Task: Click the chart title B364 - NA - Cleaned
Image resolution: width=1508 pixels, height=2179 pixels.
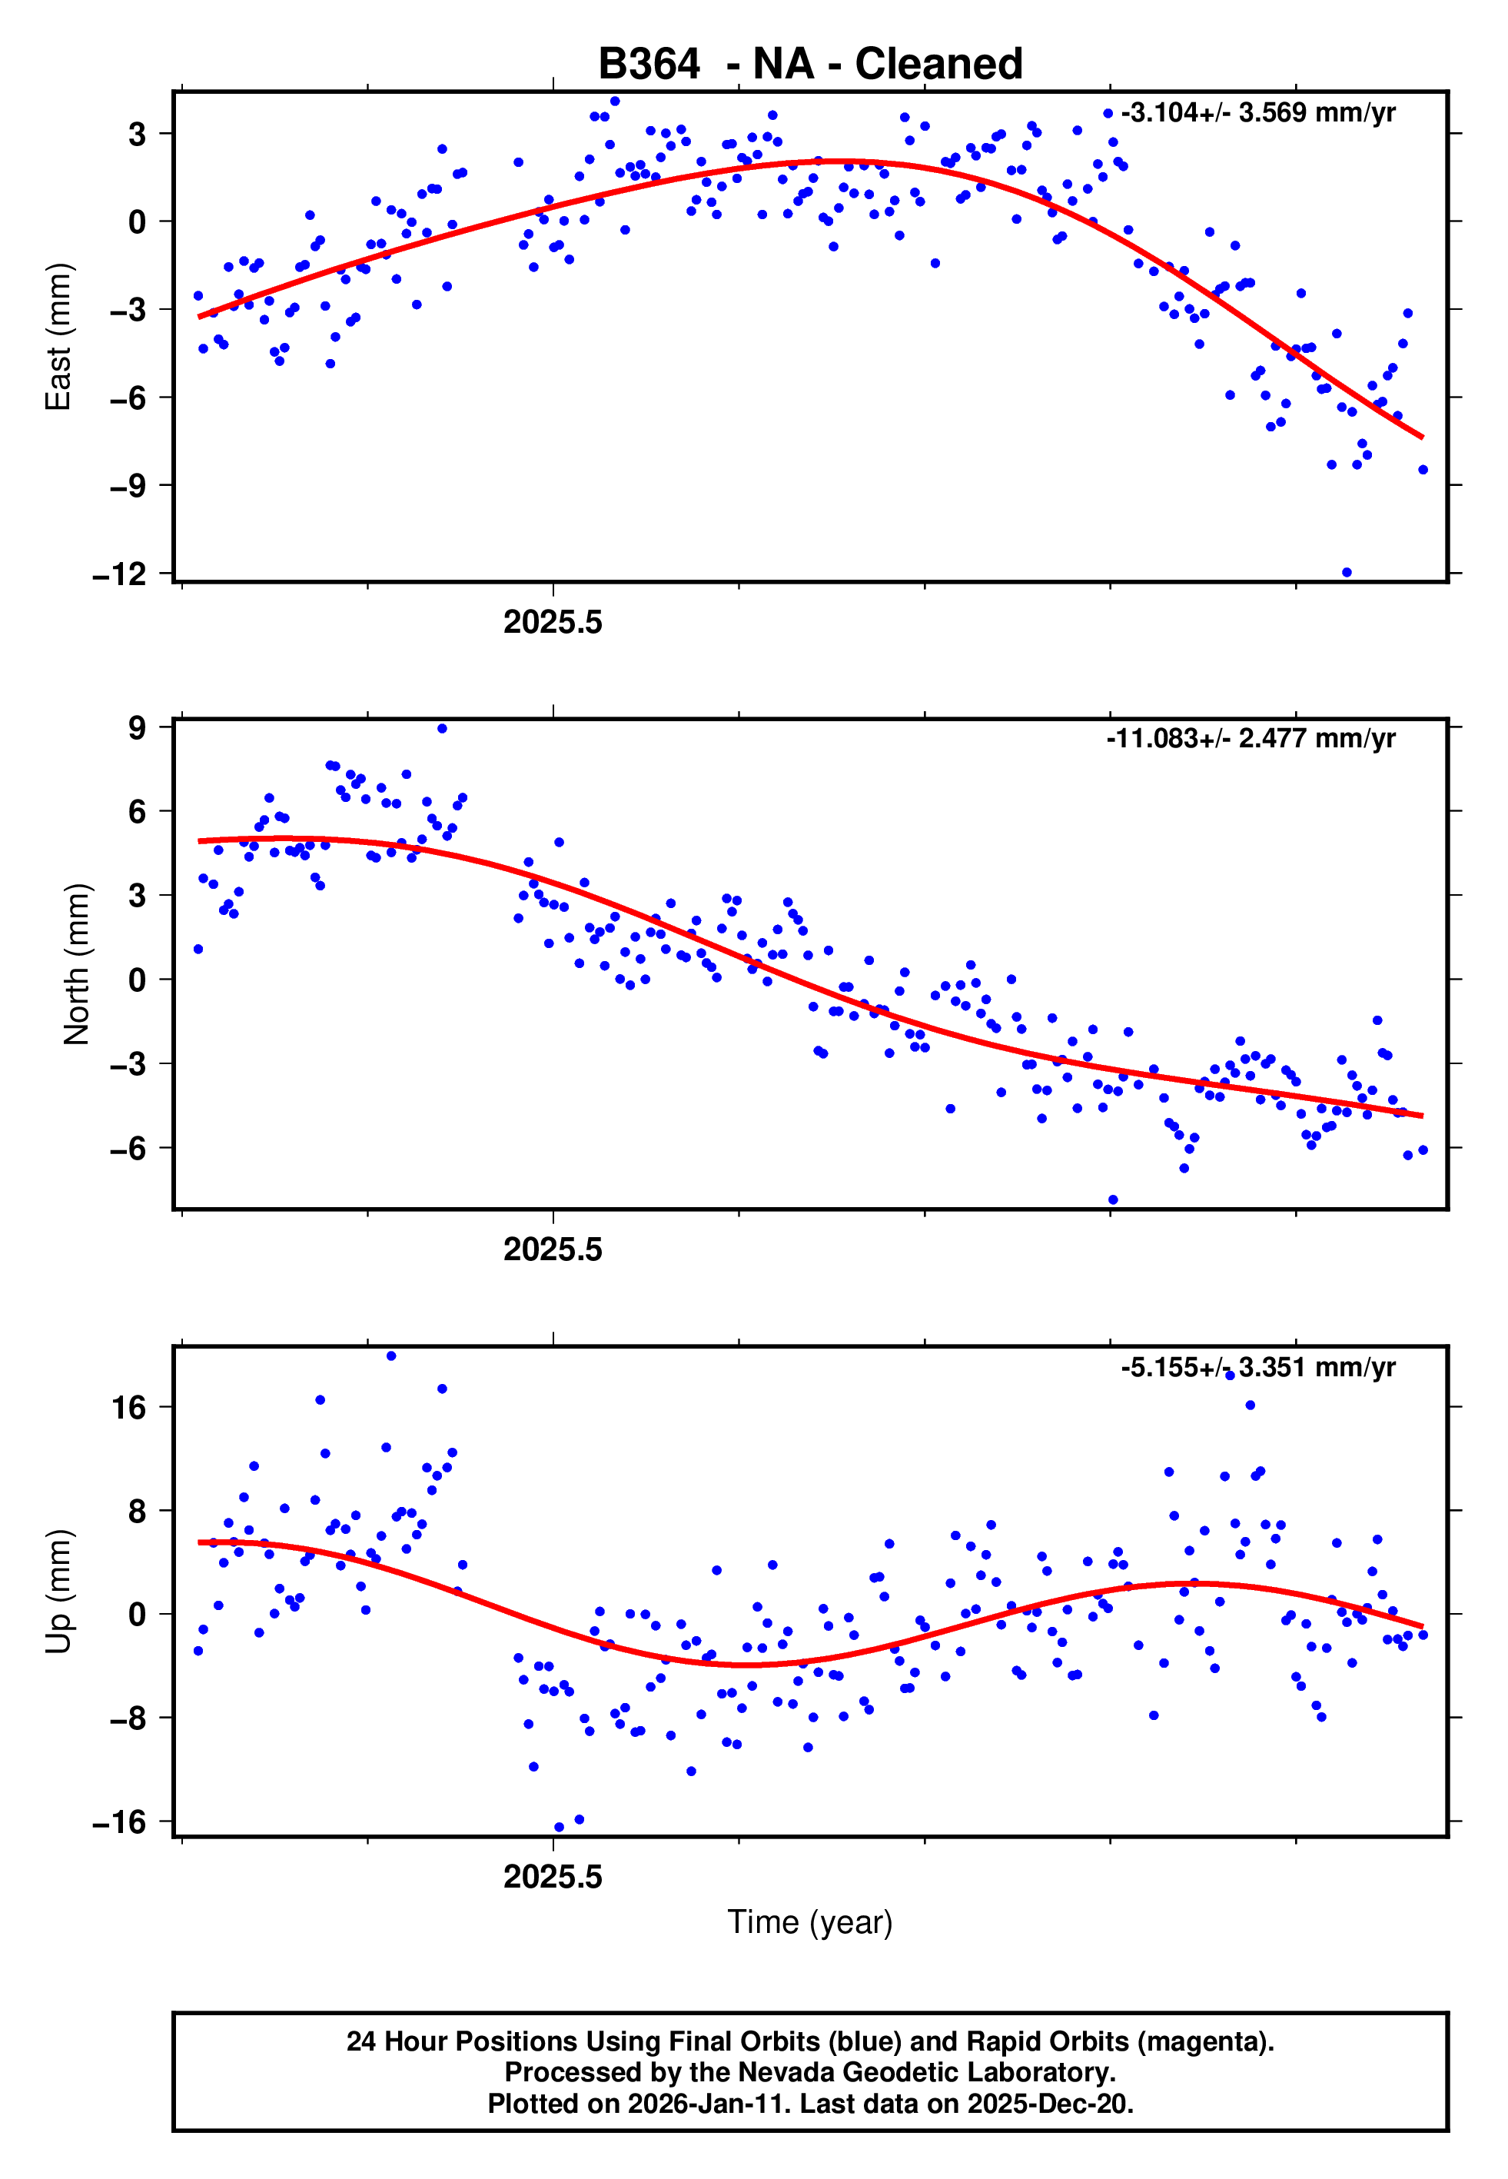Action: point(810,65)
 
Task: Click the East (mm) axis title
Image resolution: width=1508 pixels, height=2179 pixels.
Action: point(58,337)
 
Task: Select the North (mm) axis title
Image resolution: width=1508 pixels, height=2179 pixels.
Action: point(77,964)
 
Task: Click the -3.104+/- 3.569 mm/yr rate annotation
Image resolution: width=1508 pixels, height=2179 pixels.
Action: point(1257,112)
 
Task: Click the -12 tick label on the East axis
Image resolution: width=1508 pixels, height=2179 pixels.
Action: point(120,574)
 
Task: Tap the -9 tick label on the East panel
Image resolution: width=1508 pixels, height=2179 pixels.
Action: point(128,486)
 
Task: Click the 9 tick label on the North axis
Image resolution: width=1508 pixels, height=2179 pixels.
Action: point(138,727)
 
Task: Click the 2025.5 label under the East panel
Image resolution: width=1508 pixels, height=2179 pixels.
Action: point(553,622)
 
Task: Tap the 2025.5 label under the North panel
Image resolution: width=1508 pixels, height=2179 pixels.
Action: point(553,1249)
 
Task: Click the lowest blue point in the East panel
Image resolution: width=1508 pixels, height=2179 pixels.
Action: point(1347,573)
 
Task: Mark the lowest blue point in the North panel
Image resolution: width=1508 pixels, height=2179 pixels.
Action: point(1113,1200)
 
